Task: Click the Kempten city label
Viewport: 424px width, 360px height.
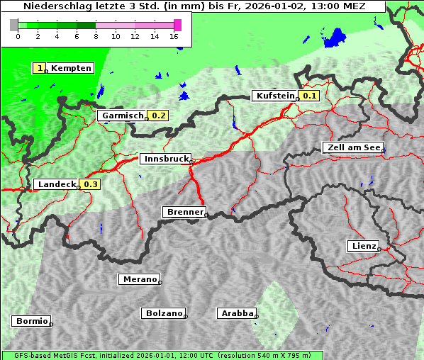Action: (x=71, y=68)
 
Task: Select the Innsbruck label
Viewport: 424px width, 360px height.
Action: (x=164, y=159)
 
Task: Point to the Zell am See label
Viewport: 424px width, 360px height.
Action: (x=352, y=147)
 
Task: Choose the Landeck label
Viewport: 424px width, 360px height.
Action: (x=56, y=184)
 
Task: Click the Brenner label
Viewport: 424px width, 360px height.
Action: (x=184, y=212)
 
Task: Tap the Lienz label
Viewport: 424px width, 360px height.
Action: (x=362, y=246)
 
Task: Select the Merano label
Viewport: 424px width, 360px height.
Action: (x=139, y=279)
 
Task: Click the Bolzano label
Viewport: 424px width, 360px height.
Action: (x=163, y=313)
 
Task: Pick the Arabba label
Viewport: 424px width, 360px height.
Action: (x=235, y=313)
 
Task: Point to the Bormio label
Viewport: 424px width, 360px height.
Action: (x=30, y=321)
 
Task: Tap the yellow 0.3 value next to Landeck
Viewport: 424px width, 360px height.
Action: (x=91, y=184)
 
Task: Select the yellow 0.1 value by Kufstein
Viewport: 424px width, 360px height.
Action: (x=309, y=96)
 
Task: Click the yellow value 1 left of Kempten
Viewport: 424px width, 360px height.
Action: (x=40, y=68)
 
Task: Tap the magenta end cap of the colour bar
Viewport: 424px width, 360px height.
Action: (x=177, y=25)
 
